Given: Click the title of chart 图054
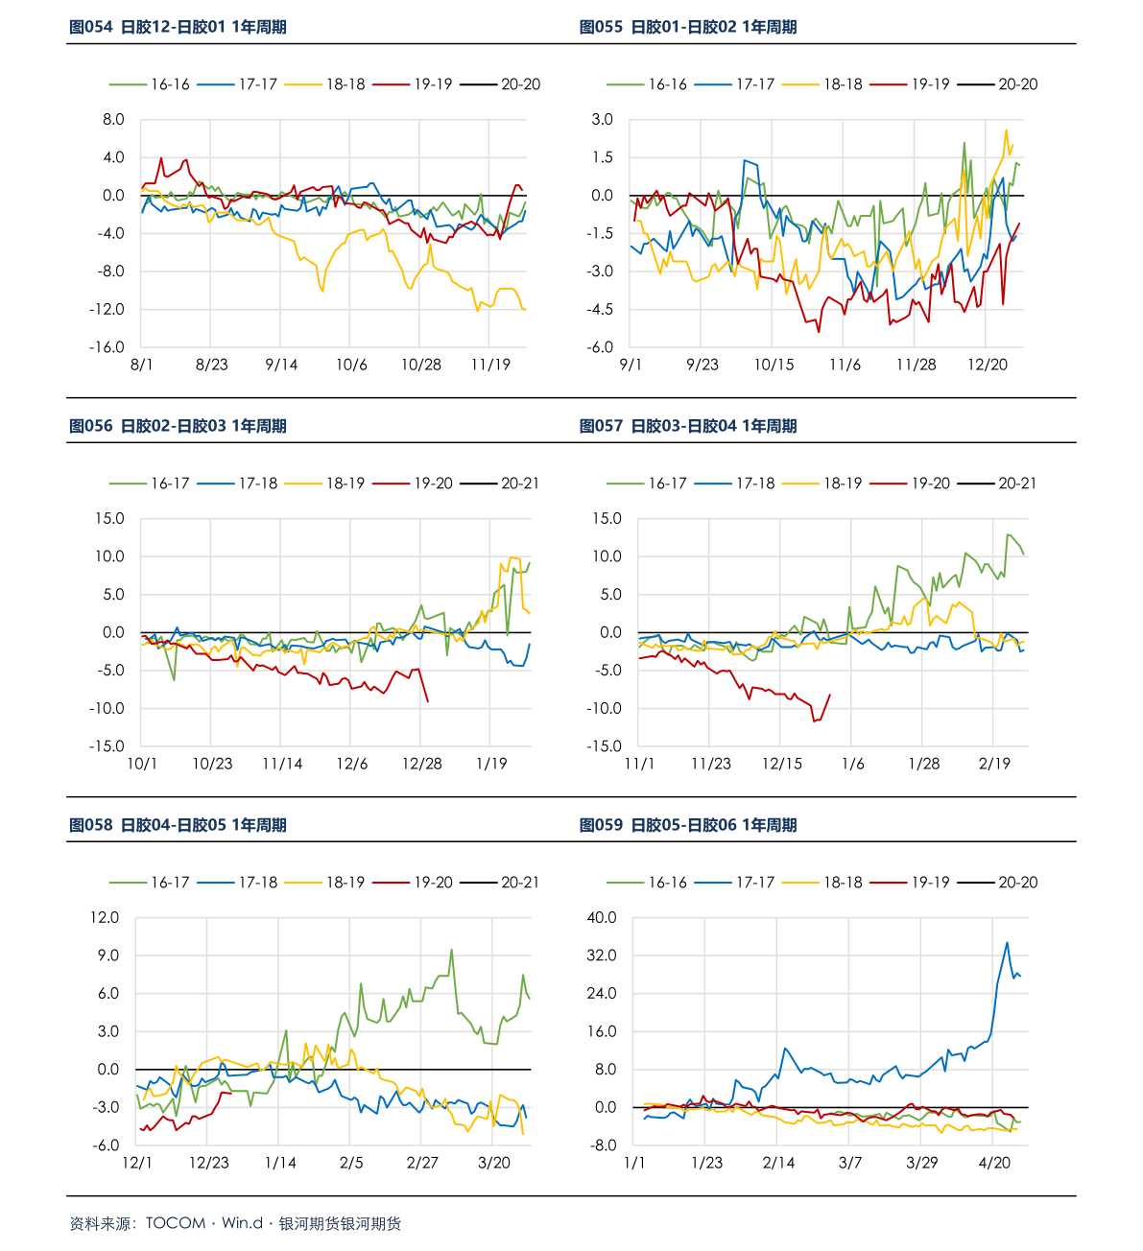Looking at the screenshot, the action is coord(178,27).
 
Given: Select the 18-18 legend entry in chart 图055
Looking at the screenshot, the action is coord(822,84).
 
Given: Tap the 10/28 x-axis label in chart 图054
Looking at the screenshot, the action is coord(420,365).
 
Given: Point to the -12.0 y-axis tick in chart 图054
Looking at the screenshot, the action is coord(107,309).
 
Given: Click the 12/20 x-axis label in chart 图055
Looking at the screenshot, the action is coord(987,365).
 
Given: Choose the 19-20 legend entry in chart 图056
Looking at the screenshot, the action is coord(413,484).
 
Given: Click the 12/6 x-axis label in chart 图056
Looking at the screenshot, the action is coord(352,764).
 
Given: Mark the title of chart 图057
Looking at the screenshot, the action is coord(687,426).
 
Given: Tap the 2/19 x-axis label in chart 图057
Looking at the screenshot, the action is coord(994,764).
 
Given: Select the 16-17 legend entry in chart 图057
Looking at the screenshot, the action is coord(647,484).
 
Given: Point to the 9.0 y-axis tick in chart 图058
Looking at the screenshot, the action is coord(107,956).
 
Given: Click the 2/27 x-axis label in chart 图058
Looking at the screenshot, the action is coord(422,1163).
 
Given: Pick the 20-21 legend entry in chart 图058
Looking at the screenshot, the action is coord(500,883).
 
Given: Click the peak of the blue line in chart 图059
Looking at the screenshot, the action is coord(1007,942).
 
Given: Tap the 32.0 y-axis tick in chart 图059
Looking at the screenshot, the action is coord(602,956).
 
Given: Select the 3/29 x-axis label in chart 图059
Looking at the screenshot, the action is coord(921,1163).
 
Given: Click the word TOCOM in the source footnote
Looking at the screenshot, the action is coord(176,1223).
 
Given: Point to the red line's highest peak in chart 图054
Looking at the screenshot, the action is coord(161,158).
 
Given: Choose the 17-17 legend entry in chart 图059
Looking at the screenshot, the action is coord(734,883).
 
